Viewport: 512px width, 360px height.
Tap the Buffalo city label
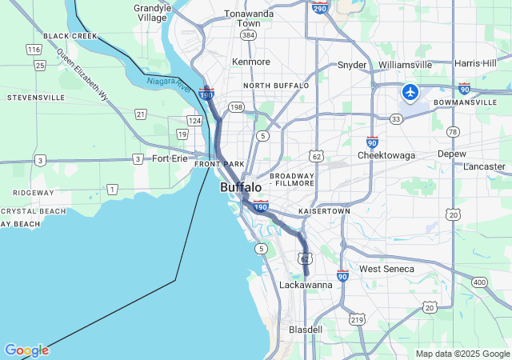[x=241, y=187]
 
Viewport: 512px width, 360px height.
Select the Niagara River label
[x=169, y=82]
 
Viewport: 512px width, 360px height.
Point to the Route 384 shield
[x=248, y=36]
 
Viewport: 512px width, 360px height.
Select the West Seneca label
[x=387, y=269]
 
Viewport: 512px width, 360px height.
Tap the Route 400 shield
[x=479, y=282]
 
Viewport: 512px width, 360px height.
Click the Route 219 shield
[x=357, y=320]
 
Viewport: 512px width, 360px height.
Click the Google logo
[x=26, y=350]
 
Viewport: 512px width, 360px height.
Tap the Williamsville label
[x=405, y=65]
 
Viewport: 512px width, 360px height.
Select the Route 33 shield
[x=396, y=119]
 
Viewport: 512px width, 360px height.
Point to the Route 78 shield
[x=454, y=131]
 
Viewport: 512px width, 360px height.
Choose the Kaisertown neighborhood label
[x=324, y=211]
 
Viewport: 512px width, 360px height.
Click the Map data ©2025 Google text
[x=462, y=354]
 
